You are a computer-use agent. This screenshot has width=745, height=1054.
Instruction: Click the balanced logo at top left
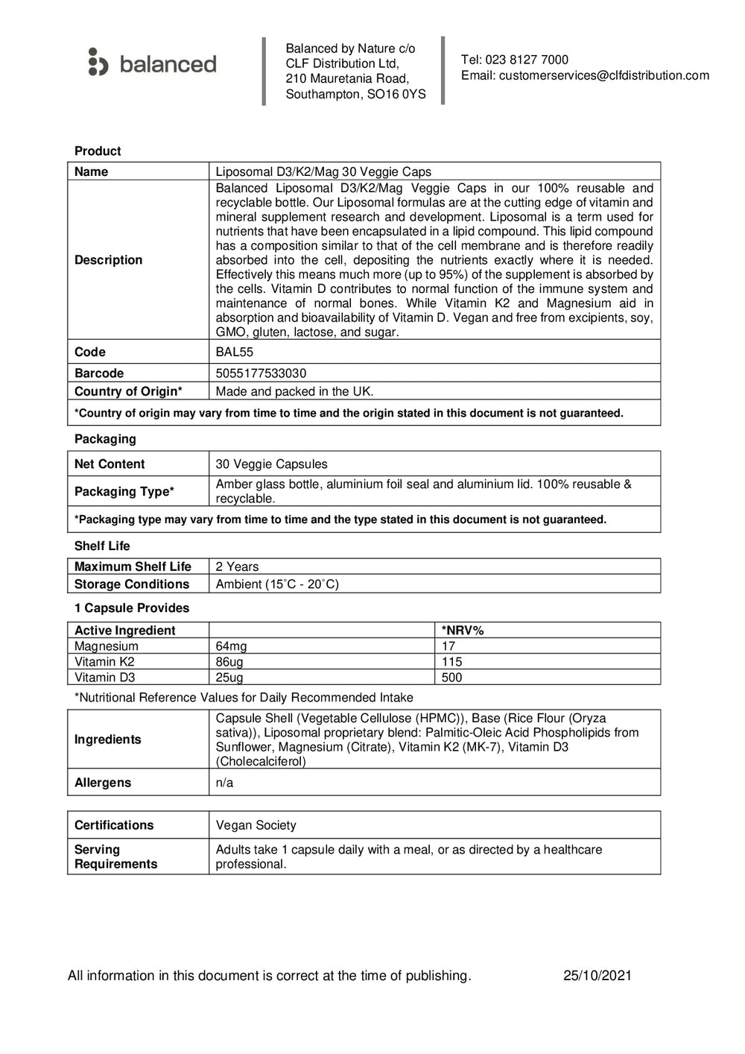click(x=152, y=63)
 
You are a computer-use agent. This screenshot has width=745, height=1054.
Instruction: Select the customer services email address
click(x=603, y=75)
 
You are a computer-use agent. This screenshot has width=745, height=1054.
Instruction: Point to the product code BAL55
click(x=234, y=352)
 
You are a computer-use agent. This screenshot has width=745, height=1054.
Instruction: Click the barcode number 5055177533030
click(x=261, y=373)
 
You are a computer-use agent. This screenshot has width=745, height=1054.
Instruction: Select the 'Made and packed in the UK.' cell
click(x=294, y=391)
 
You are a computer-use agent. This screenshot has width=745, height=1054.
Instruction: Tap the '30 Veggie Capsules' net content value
click(x=271, y=464)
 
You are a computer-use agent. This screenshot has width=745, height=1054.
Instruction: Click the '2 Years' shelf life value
click(x=237, y=567)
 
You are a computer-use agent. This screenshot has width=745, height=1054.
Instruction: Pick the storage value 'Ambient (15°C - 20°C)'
click(x=277, y=584)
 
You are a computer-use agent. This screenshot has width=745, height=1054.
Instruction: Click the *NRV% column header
click(x=463, y=631)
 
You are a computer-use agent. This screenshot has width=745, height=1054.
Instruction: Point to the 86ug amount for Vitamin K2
click(x=229, y=662)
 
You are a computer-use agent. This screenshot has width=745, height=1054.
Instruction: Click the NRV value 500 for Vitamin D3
click(x=451, y=678)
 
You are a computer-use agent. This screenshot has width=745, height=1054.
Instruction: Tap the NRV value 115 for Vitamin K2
click(x=451, y=662)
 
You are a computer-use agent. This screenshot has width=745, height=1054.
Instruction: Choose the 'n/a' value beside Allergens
click(x=224, y=783)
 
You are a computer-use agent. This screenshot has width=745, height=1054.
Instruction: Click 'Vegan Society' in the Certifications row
click(x=256, y=825)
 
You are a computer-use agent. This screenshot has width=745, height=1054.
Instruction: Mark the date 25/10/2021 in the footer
click(x=597, y=976)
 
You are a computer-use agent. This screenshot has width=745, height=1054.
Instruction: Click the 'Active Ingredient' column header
click(x=124, y=631)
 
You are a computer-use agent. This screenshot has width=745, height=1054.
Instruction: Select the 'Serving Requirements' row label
click(x=115, y=856)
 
